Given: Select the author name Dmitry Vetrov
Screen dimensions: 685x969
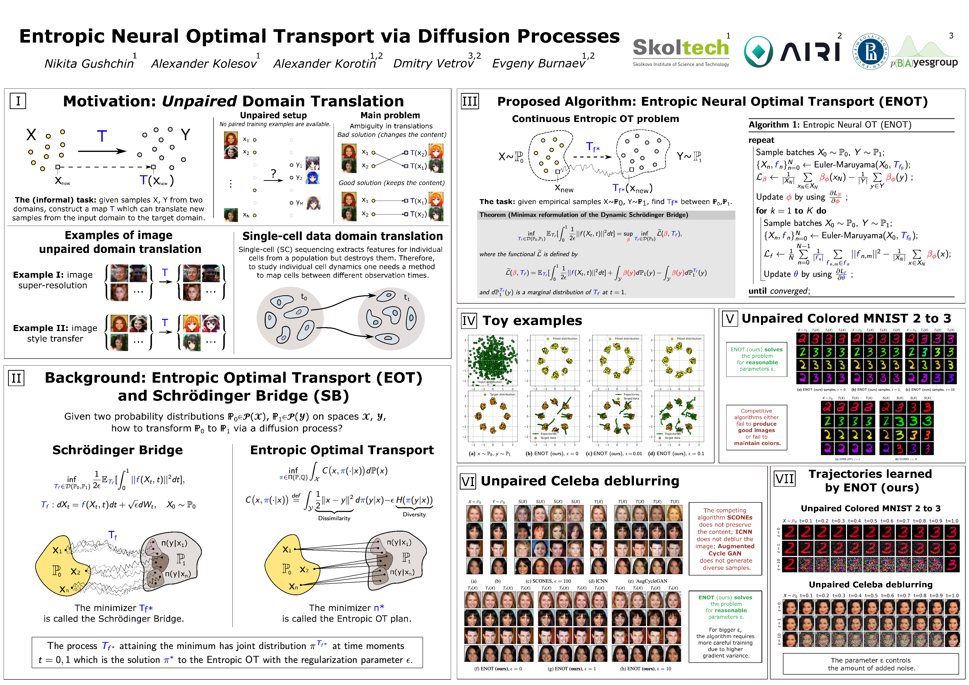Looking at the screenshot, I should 433,64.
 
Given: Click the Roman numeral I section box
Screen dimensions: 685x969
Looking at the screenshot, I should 18,101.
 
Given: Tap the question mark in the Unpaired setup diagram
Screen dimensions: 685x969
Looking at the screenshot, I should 273,173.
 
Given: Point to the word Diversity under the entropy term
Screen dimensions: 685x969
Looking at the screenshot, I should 414,515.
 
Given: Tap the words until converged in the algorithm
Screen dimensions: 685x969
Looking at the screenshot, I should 779,291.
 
